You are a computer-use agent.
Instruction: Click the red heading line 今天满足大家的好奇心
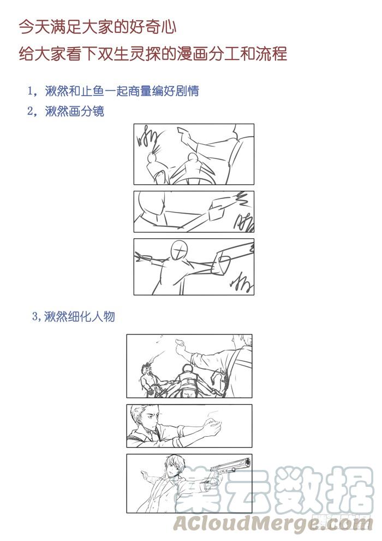[98, 27]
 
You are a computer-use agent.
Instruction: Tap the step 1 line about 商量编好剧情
[114, 91]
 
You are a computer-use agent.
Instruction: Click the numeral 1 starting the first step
[31, 91]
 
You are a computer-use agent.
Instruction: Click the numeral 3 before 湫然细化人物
[35, 316]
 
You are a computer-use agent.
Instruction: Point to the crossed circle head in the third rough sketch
[180, 249]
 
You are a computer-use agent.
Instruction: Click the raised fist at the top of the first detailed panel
[180, 343]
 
